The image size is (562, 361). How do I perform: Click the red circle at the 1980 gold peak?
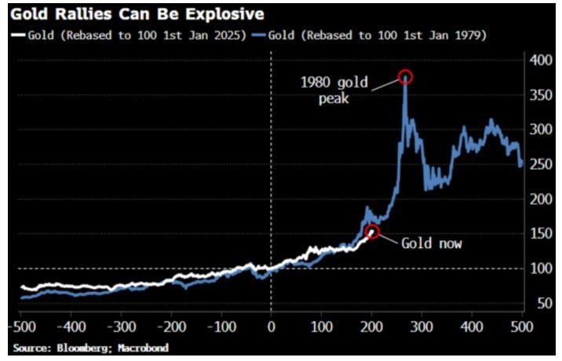[x=405, y=77]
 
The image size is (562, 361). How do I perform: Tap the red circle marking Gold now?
[x=373, y=232]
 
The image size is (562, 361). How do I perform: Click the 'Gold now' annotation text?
[x=432, y=243]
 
